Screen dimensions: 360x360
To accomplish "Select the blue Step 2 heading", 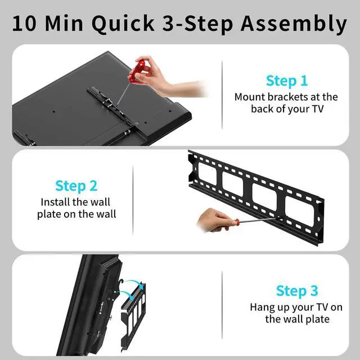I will [x=76, y=186].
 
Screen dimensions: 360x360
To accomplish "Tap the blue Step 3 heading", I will [x=296, y=291].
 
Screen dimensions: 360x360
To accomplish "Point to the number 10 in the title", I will [x=29, y=24].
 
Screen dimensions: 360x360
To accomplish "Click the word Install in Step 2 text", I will [x=56, y=202].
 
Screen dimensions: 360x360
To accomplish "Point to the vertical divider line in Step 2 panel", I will [x=133, y=200].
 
